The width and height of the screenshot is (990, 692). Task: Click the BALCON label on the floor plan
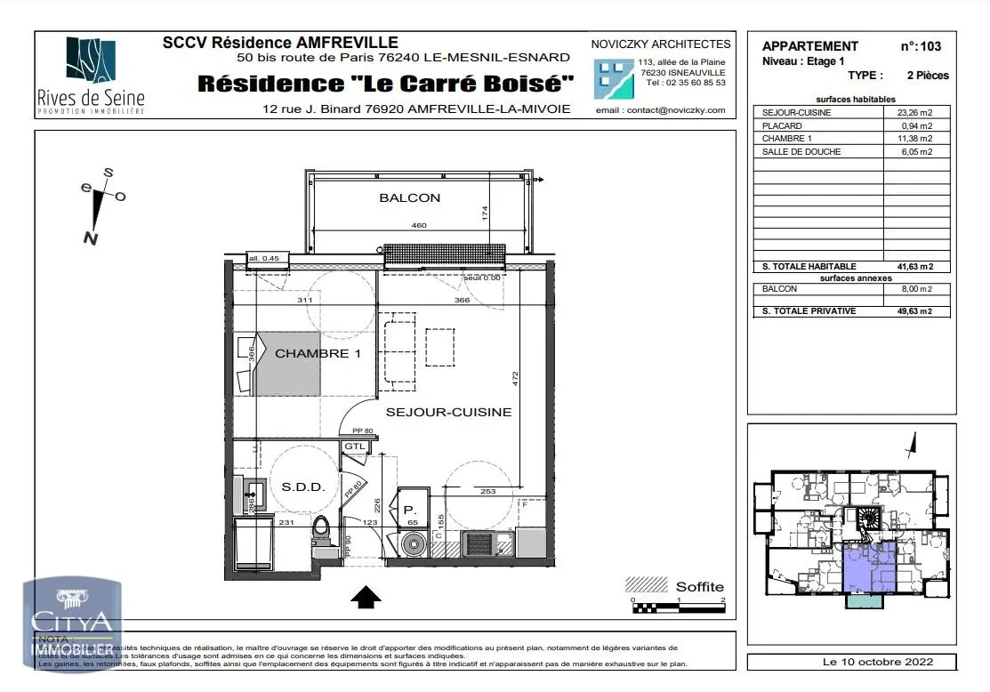click(x=410, y=197)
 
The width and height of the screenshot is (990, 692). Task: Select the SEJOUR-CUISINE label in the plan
click(x=448, y=412)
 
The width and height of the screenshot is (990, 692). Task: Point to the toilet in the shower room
click(x=322, y=532)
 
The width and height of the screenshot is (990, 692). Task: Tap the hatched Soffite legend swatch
click(x=647, y=585)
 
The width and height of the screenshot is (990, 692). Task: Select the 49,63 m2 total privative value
click(x=914, y=311)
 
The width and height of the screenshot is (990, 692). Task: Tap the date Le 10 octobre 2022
click(x=851, y=662)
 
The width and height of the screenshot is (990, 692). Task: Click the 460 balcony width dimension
click(x=418, y=226)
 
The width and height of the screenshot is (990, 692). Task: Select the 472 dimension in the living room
click(x=514, y=378)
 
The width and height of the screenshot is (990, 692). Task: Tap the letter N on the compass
click(x=90, y=237)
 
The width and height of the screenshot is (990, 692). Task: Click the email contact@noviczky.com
click(x=661, y=110)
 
